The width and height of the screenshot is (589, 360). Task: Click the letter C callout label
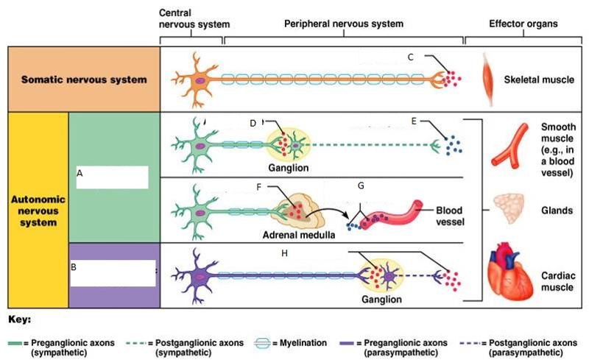pos(410,57)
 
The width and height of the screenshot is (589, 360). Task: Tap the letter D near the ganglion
pos(253,123)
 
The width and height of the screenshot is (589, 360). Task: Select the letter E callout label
pos(414,121)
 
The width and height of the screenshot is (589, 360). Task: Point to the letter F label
pos(259,187)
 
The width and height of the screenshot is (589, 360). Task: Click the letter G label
pos(361,186)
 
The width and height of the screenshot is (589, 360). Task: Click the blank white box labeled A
pos(112,177)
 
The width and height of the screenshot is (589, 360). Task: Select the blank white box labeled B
pos(113,272)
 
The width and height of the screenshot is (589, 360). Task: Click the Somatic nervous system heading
pos(83,79)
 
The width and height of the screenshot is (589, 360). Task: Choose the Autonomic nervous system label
pos(38,211)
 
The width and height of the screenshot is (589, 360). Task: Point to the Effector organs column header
pos(523,24)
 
